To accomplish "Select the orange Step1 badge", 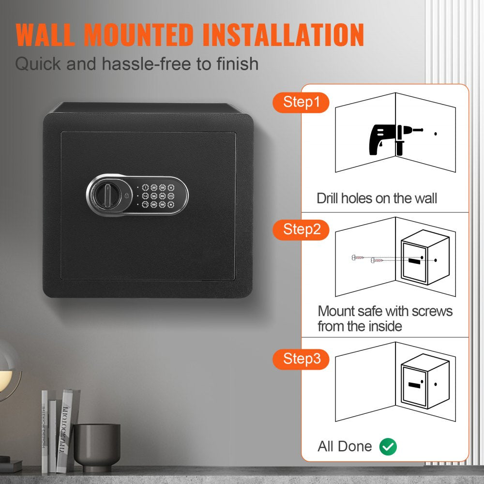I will click(x=302, y=103).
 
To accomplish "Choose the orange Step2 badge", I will click(x=302, y=229).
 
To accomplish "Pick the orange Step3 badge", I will click(x=302, y=359).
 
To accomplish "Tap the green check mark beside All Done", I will click(x=388, y=447).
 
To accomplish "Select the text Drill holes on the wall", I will click(x=377, y=198).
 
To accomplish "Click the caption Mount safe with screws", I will click(x=385, y=311).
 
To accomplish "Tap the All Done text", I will click(x=345, y=446).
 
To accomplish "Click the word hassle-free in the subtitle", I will click(x=151, y=64).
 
